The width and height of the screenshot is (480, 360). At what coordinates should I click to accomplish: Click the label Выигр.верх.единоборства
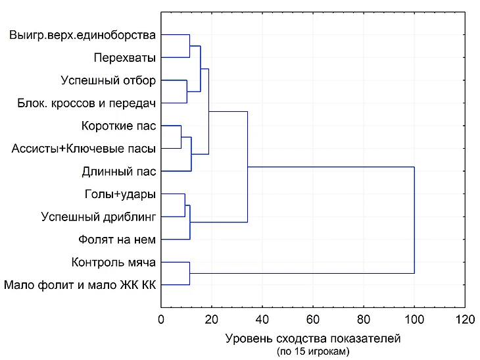82,34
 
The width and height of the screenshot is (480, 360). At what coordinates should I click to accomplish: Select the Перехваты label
124,57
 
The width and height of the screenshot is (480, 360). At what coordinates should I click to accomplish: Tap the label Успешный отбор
108,80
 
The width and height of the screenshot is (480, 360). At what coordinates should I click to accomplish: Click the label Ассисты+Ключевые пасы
84,149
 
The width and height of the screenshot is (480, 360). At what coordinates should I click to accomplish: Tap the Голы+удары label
120,194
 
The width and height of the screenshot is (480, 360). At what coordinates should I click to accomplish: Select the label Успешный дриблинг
98,217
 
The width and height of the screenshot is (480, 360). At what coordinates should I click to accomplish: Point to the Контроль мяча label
113,263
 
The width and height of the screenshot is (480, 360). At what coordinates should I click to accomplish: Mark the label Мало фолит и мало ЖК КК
80,285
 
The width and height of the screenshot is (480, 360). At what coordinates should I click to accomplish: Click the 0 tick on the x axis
161,320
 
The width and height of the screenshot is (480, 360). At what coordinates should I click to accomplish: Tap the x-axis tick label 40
262,320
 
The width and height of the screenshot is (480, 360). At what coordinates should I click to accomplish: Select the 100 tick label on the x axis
414,320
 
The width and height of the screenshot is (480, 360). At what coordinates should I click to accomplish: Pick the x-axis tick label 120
464,320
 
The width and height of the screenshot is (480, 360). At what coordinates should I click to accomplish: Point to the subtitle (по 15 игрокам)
312,352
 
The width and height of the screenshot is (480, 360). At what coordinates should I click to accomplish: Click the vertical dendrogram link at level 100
414,220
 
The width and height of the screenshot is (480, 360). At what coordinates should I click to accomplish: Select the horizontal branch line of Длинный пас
176,171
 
